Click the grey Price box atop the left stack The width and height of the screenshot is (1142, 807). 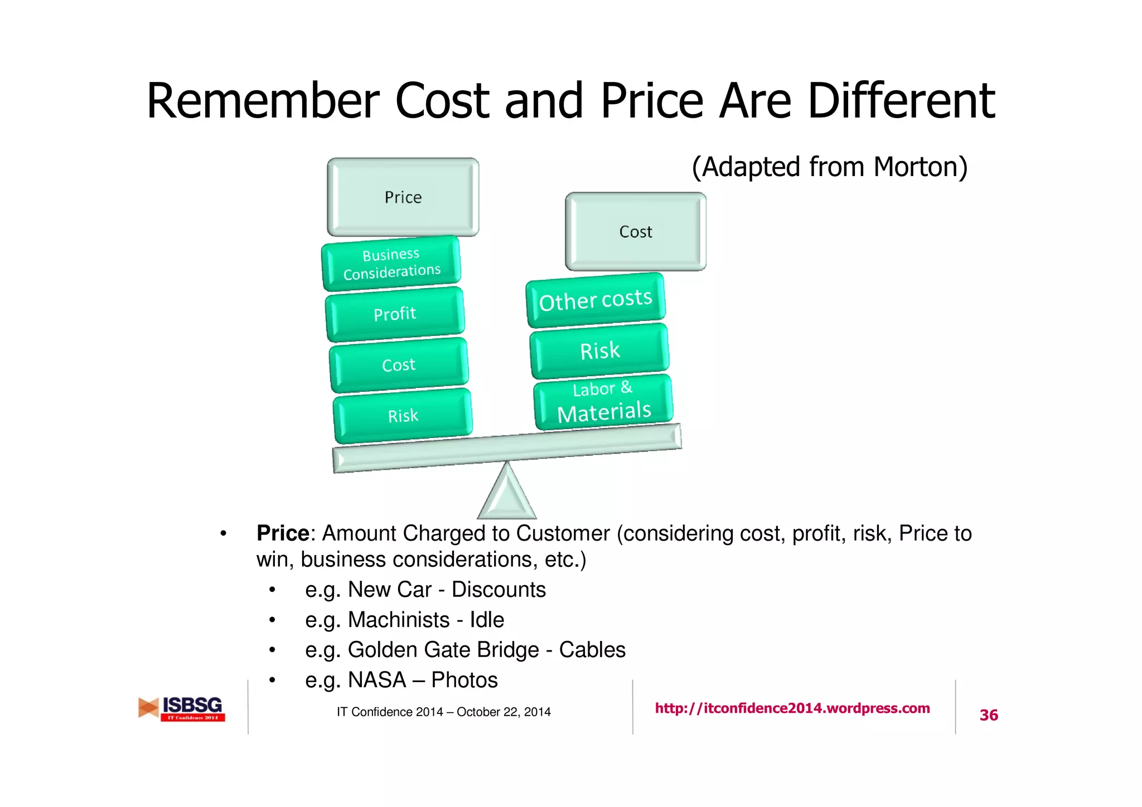tap(403, 197)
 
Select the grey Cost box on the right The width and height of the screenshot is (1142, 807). tap(635, 231)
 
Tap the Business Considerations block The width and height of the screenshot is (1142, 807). tap(391, 263)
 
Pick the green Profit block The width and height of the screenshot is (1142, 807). tap(395, 314)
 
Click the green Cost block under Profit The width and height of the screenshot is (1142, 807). tap(399, 364)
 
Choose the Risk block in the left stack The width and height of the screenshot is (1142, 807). tap(403, 416)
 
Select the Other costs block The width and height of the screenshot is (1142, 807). tap(596, 300)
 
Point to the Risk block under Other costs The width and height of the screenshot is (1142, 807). tap(599, 351)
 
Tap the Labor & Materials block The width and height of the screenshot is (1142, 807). tap(603, 402)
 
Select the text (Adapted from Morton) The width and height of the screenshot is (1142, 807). tap(829, 167)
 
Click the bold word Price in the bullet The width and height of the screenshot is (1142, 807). tap(283, 533)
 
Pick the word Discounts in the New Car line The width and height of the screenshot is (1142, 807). tap(499, 590)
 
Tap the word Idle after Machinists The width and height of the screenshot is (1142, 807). tap(487, 620)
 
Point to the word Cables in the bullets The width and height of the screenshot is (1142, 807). tap(592, 650)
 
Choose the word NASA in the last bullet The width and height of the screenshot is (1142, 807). tap(377, 680)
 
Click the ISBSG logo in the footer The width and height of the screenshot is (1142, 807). tap(182, 709)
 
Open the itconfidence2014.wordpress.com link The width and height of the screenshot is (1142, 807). tap(792, 708)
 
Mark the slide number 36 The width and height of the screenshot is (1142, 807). tap(989, 715)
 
